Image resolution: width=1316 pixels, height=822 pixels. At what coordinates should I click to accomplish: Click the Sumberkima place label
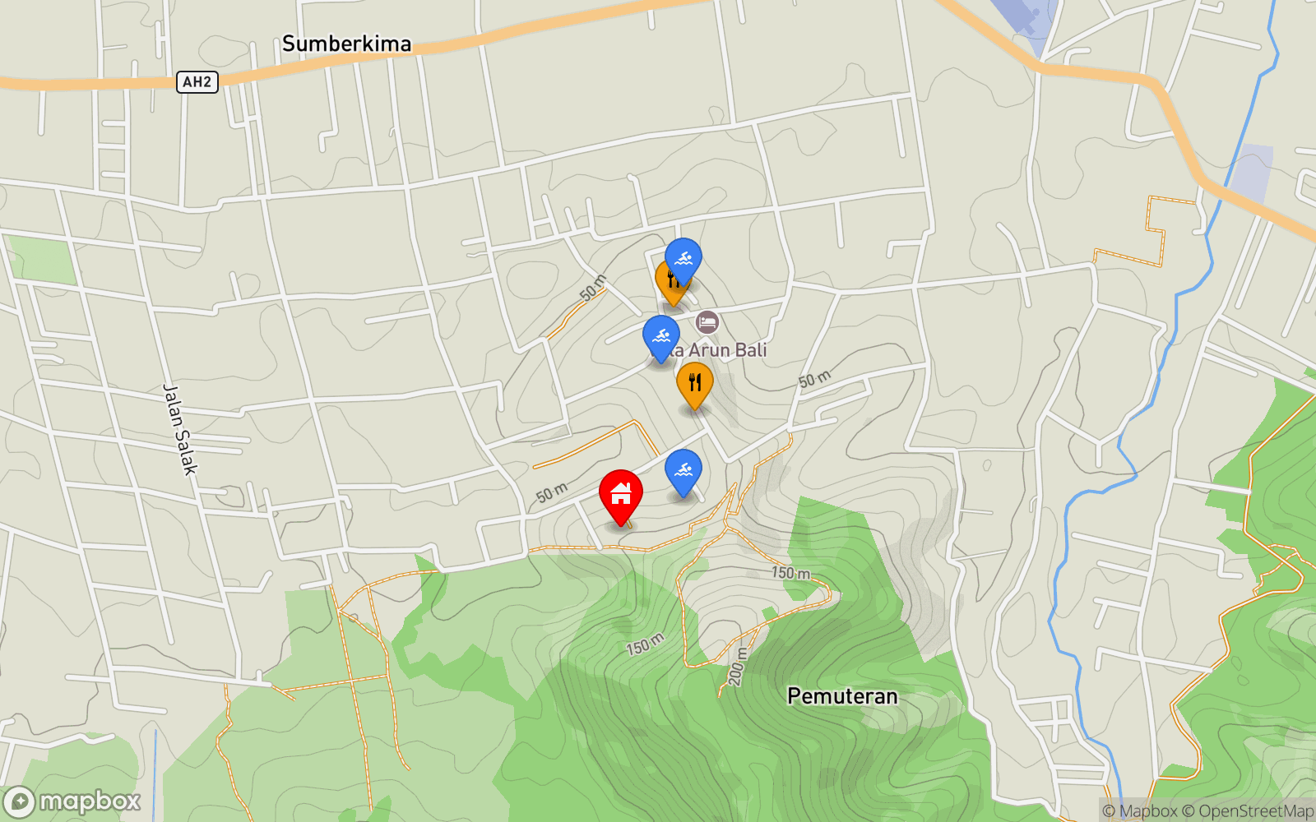point(346,44)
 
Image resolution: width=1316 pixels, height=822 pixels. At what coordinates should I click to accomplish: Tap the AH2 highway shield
point(197,82)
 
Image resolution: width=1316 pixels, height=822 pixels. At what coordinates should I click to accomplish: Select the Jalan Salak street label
point(180,429)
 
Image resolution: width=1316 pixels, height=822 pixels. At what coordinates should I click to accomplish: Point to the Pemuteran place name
point(842,696)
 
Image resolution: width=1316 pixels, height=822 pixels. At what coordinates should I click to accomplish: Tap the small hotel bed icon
point(707,321)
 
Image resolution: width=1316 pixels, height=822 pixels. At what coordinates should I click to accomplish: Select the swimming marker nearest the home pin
point(683,471)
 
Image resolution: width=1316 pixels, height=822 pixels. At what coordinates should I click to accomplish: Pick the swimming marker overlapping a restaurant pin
point(683,259)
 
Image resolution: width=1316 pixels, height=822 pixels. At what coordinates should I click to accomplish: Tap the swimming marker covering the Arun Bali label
point(660,336)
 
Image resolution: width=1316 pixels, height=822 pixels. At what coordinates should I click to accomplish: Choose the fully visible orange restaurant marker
point(695,383)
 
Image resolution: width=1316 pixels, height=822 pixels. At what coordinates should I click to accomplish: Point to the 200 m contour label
point(737,667)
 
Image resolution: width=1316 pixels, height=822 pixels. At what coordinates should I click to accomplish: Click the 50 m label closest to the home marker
point(552,492)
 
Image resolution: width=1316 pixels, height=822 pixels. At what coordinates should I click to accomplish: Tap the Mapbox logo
point(72,801)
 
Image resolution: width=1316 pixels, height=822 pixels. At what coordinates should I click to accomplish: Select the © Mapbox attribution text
point(1139,811)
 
